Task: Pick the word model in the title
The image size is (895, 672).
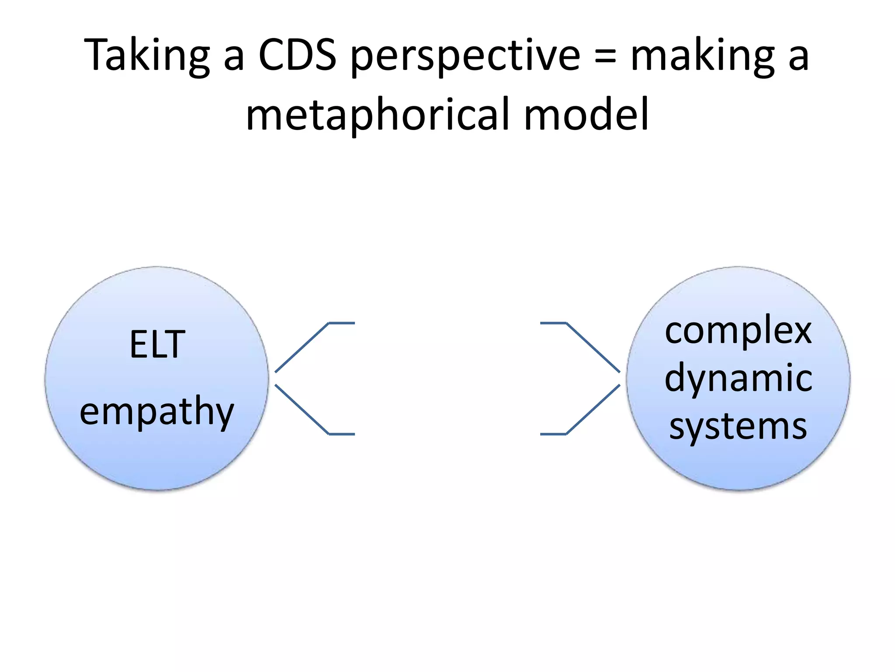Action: (586, 115)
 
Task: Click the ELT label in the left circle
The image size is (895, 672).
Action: (157, 345)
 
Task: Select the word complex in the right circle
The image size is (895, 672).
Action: (738, 332)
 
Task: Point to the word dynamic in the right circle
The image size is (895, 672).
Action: (738, 379)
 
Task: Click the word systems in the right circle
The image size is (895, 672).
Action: (738, 426)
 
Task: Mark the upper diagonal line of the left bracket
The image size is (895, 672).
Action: (302, 347)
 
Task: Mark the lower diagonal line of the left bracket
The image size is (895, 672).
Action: (302, 409)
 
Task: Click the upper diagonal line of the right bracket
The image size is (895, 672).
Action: (593, 347)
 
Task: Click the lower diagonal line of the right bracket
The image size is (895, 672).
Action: (593, 409)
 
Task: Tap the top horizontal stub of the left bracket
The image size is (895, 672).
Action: (342, 323)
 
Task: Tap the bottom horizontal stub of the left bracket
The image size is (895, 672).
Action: (342, 434)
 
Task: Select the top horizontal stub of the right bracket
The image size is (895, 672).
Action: (553, 323)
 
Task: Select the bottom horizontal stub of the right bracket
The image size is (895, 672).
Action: (553, 434)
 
